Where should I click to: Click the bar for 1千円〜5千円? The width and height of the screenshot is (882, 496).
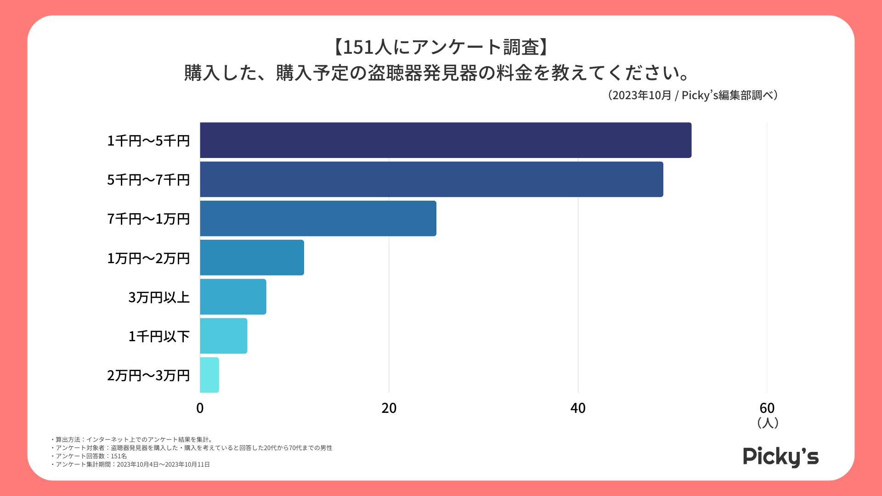[x=446, y=140]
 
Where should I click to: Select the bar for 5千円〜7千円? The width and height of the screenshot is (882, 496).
[x=431, y=179]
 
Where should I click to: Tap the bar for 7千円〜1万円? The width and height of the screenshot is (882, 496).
[x=318, y=219]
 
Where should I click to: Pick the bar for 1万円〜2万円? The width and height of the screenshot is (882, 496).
[x=252, y=258]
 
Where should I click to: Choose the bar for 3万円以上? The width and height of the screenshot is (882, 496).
[x=233, y=297]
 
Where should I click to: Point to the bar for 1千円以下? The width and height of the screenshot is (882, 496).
[x=223, y=336]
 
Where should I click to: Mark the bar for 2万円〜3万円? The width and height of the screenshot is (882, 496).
[x=209, y=375]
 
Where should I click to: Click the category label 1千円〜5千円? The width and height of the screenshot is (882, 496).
[x=148, y=141]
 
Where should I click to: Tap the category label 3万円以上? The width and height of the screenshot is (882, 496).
[x=159, y=297]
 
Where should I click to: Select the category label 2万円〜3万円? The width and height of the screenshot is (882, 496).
[x=148, y=376]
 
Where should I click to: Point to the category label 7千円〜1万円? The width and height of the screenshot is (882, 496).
[x=148, y=219]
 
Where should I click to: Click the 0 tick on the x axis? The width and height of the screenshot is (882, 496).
[x=200, y=408]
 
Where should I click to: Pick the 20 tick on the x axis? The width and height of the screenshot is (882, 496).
[x=389, y=408]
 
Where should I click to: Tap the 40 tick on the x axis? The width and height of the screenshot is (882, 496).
[x=578, y=408]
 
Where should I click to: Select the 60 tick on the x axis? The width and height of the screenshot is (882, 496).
[x=767, y=408]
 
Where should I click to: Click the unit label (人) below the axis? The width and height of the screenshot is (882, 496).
[x=768, y=423]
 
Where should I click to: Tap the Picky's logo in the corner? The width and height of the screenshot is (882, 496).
[x=780, y=457]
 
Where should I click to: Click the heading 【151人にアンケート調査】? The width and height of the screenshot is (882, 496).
[x=441, y=47]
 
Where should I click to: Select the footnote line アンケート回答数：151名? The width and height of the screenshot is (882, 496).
[x=89, y=456]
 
